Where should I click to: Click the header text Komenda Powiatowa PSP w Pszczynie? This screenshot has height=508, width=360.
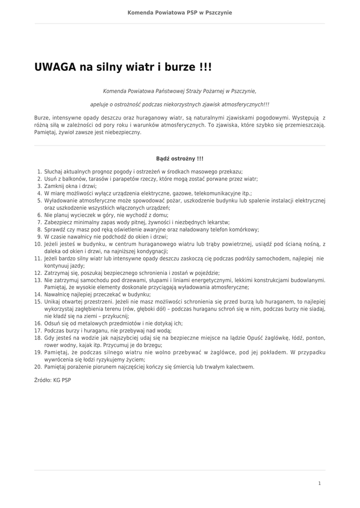180,12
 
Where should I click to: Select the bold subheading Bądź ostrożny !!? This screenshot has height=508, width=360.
180,159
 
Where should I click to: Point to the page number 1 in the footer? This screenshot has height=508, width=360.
319,483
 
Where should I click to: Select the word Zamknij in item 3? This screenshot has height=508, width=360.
54,186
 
